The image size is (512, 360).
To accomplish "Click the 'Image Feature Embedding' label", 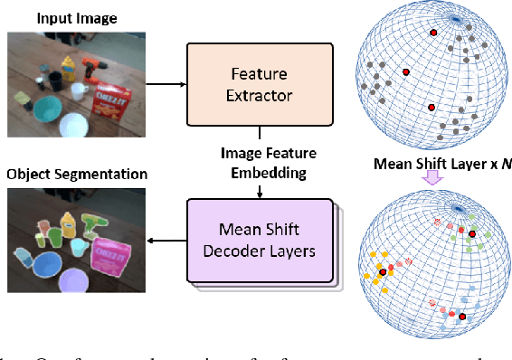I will click(x=260, y=161).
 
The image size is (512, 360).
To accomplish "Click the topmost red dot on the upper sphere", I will click(x=433, y=33).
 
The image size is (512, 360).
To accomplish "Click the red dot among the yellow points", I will click(x=384, y=271).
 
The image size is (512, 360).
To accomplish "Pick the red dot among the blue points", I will click(x=462, y=317).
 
